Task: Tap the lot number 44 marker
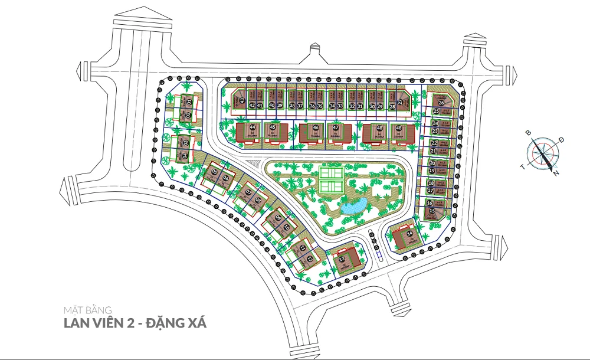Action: pyautogui.click(x=253, y=127)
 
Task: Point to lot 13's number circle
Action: pyautogui.click(x=343, y=258)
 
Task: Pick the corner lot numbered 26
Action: pyautogui.click(x=440, y=102)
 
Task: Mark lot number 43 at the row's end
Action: pyautogui.click(x=242, y=100)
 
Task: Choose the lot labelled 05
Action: pyautogui.click(x=215, y=172)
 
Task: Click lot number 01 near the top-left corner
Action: pyautogui.click(x=189, y=103)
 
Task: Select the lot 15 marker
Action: pyautogui.click(x=432, y=211)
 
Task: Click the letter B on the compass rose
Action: pyautogui.click(x=529, y=133)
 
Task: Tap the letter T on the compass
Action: pyautogui.click(x=522, y=166)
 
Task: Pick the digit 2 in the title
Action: pyautogui.click(x=132, y=323)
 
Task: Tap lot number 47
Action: pyautogui.click(x=335, y=127)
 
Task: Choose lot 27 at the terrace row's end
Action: pyautogui.click(x=401, y=102)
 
